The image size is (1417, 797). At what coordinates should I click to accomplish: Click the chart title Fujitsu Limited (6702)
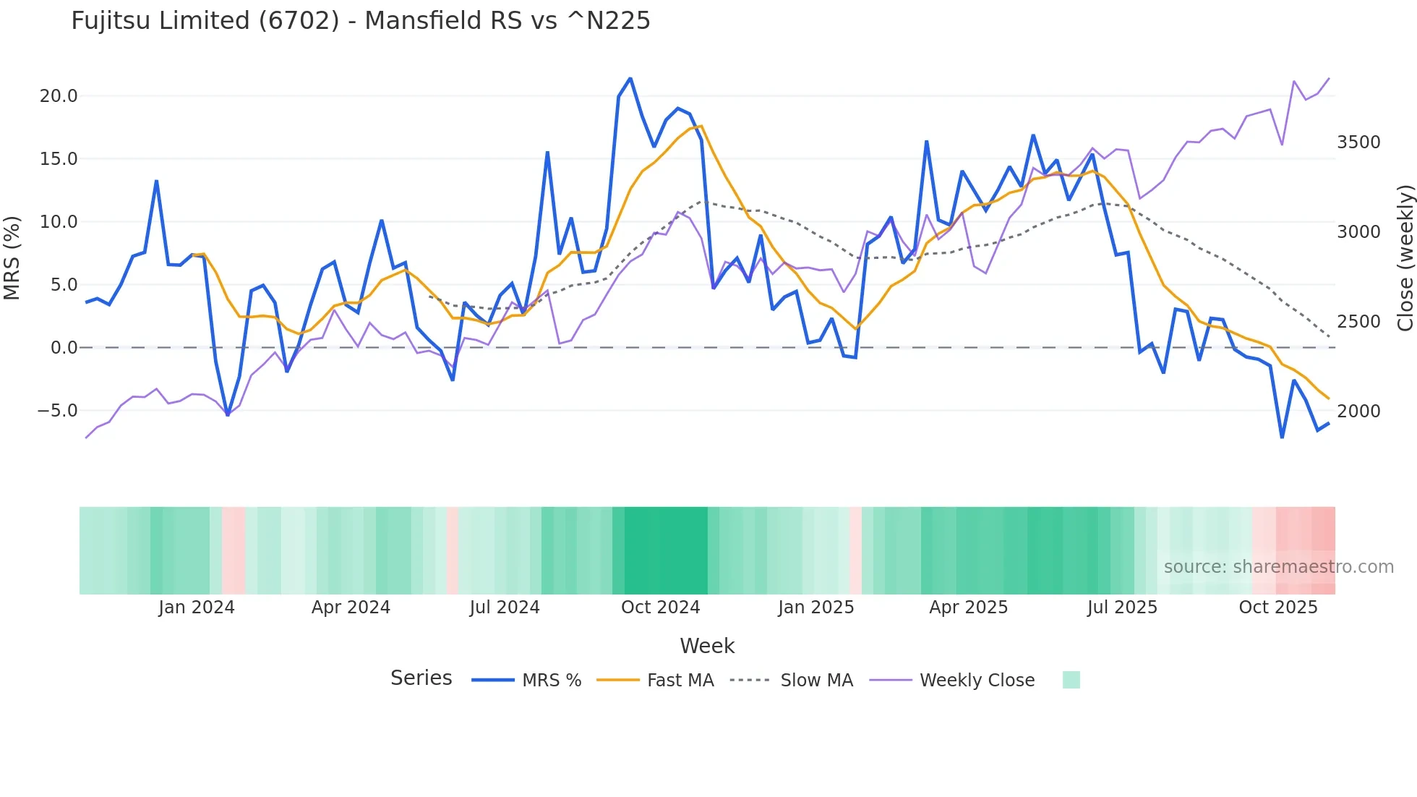click(x=360, y=21)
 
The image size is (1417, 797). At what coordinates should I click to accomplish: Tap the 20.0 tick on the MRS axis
click(x=59, y=96)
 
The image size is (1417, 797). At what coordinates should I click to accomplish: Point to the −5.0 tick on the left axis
click(x=57, y=411)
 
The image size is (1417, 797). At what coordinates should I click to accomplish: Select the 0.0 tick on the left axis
click(x=64, y=348)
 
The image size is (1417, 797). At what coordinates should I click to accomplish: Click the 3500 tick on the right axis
click(x=1358, y=142)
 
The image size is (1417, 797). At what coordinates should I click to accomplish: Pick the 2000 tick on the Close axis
click(x=1358, y=412)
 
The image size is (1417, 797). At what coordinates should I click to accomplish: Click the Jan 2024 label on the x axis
click(x=197, y=608)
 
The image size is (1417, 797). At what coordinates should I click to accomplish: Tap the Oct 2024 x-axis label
click(x=660, y=608)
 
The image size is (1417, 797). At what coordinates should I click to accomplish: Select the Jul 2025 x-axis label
click(x=1122, y=608)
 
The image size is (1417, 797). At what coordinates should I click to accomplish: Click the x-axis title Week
click(x=707, y=646)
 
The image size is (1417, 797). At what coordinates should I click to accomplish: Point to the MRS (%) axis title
click(x=12, y=257)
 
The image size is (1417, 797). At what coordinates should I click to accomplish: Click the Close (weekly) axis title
click(x=1405, y=257)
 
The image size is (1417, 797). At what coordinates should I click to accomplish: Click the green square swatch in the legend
click(x=1071, y=680)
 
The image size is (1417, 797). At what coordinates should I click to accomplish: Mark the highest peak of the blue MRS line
click(x=630, y=78)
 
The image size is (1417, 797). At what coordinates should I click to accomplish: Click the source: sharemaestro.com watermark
click(x=1278, y=567)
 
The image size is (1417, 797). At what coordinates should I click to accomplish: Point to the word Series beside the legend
click(x=421, y=678)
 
